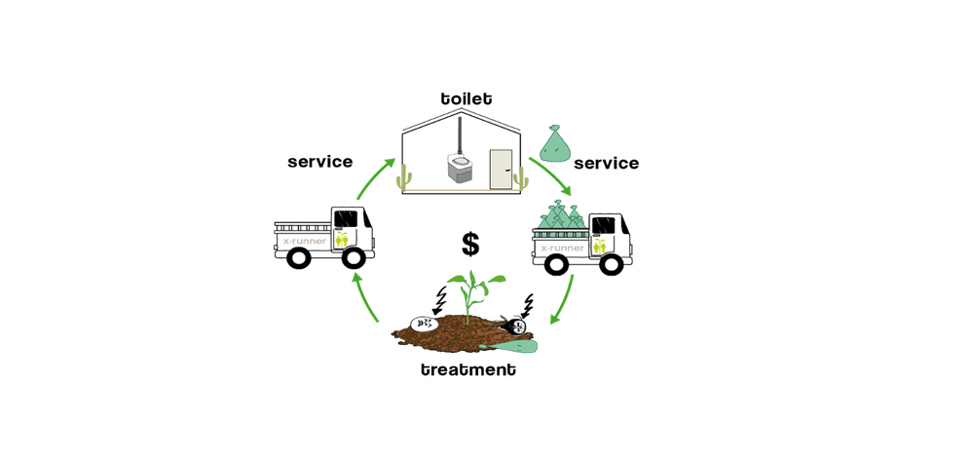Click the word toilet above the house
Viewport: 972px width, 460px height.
tap(467, 98)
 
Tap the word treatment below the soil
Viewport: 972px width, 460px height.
tap(468, 370)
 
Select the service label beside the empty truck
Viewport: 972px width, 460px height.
tap(319, 162)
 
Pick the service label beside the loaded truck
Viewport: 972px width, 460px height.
tap(606, 163)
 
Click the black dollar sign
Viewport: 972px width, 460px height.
tap(470, 245)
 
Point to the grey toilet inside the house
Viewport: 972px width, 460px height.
tap(461, 168)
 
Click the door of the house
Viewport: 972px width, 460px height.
tap(501, 170)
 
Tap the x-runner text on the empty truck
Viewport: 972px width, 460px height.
tap(303, 241)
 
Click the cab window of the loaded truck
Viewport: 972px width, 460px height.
tap(603, 226)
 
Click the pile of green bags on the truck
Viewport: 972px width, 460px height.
tap(561, 214)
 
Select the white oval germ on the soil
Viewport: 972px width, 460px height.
tap(426, 323)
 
